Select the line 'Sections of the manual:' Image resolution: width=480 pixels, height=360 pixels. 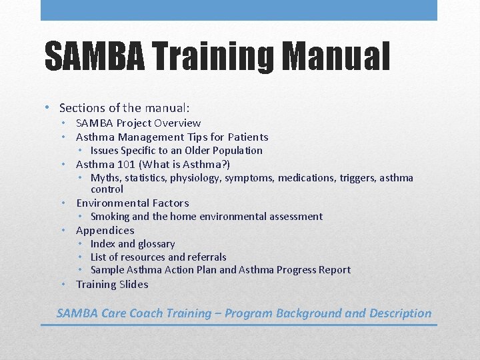point(125,107)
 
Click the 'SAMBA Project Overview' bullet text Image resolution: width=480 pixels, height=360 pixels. point(138,123)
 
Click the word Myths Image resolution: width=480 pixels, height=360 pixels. point(105,177)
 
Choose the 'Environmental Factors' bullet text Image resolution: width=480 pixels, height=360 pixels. point(132,203)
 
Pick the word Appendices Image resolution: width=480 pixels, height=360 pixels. point(105,230)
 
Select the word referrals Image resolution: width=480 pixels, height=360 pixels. point(207,257)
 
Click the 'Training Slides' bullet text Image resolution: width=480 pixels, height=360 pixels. point(112,284)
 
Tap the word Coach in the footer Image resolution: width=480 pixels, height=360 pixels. point(175,313)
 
